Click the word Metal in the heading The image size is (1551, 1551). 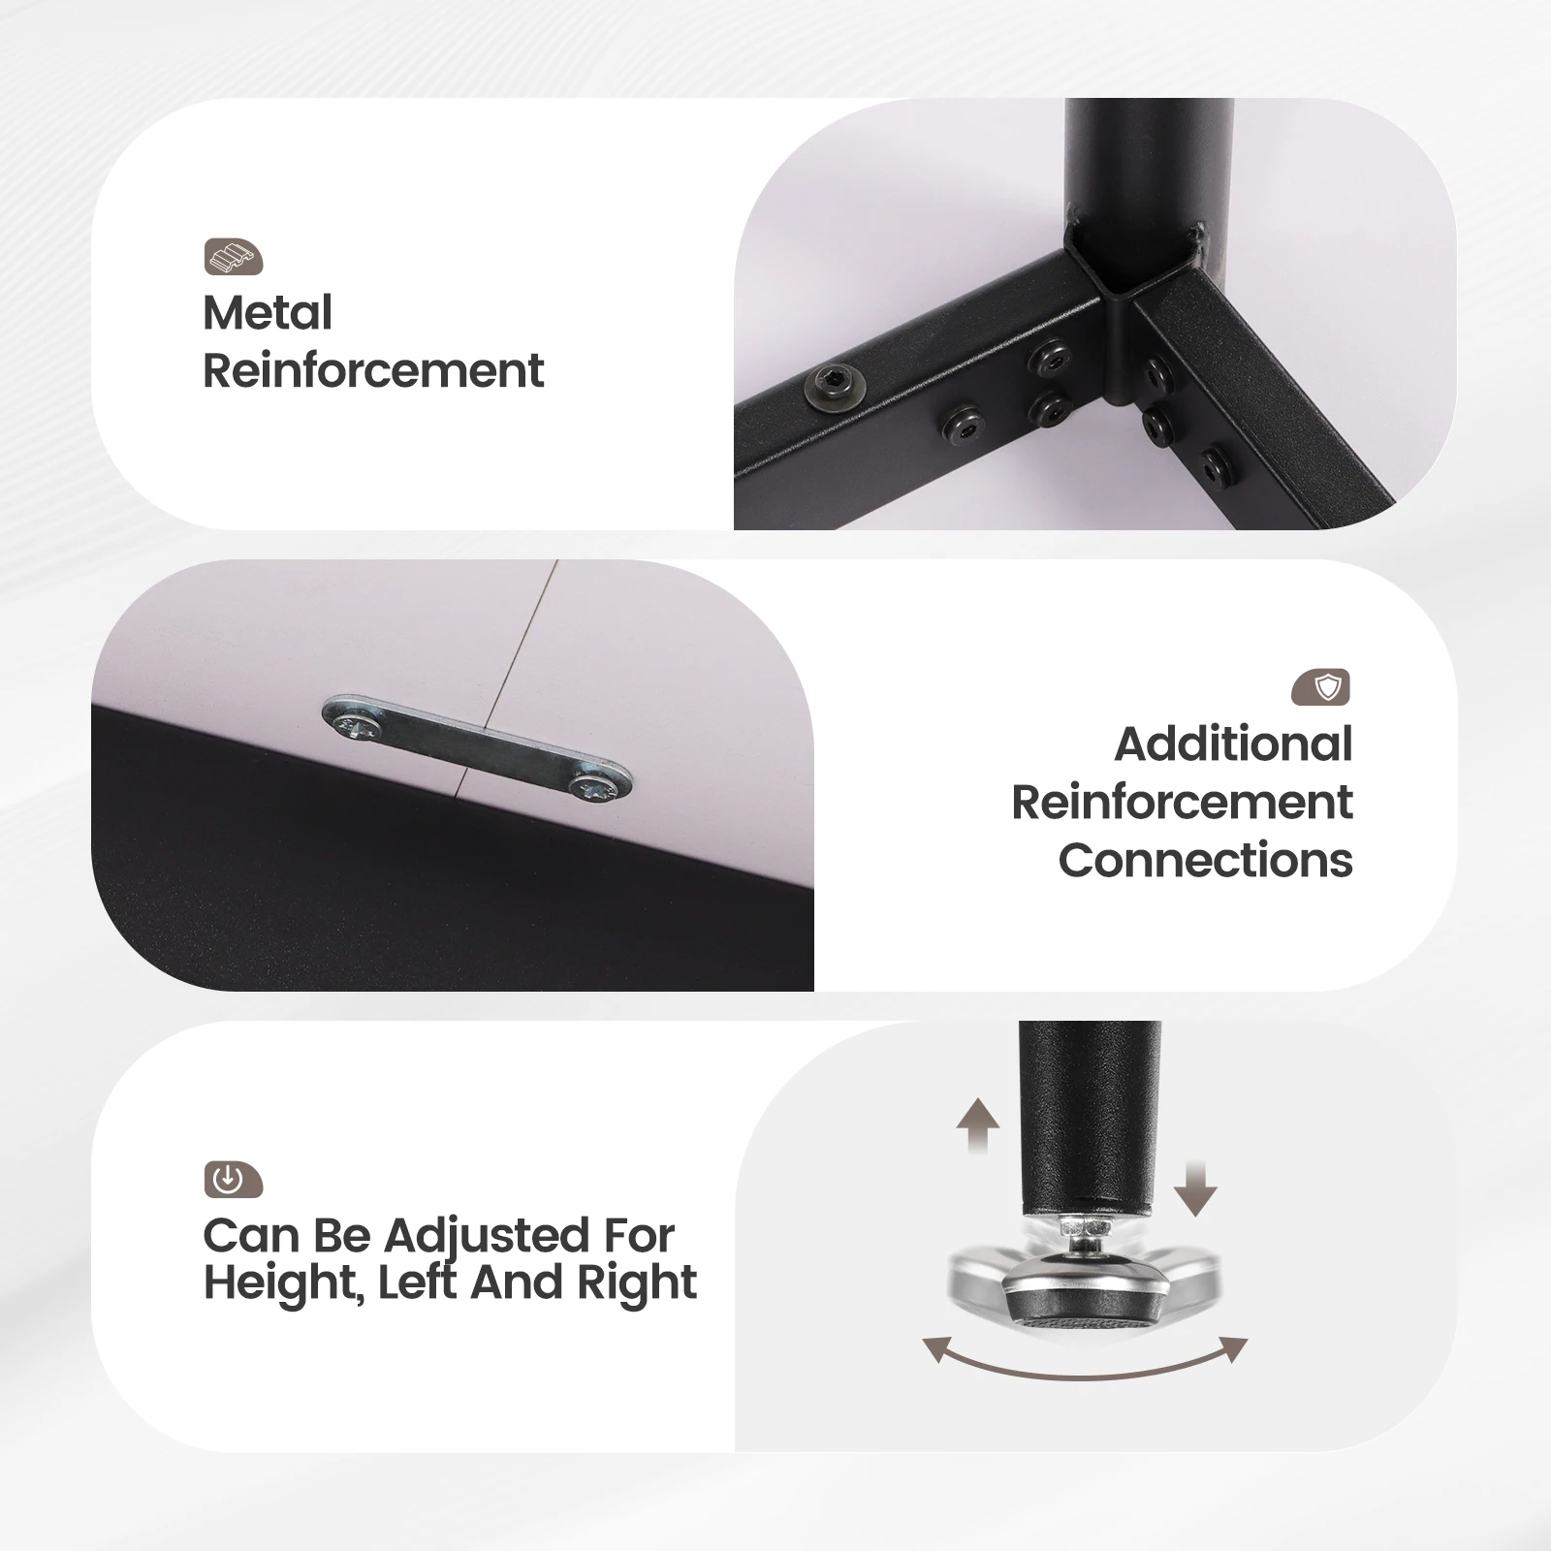coord(268,313)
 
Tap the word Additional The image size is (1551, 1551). coord(1233,744)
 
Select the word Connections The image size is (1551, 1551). coord(1205,860)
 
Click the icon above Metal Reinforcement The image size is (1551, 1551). coord(234,257)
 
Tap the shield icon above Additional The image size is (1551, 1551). coord(1321,687)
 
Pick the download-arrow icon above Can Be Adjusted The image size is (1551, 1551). coord(233,1180)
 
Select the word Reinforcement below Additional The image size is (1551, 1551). coord(1182,803)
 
